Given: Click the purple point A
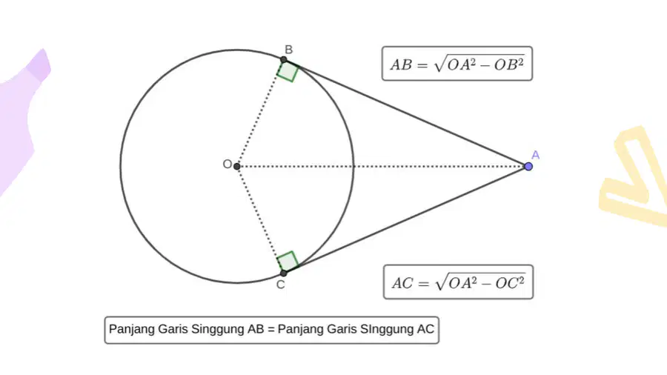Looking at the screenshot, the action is tap(528, 166).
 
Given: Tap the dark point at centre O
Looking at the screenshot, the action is tap(237, 166).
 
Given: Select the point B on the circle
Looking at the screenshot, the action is tap(284, 60).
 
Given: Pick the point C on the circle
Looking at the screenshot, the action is tap(284, 273).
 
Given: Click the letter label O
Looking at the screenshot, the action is tap(228, 164).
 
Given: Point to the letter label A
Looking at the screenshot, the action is tap(536, 155).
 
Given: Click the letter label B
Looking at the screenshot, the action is tap(288, 50).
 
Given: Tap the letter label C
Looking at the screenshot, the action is tap(280, 285).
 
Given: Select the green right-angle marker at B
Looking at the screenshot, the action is tap(288, 71).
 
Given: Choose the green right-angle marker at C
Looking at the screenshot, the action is tap(288, 262).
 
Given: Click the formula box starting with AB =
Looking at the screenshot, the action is tap(457, 63).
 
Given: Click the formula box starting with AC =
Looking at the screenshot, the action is tap(458, 282).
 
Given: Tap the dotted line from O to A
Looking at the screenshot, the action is tap(382, 166).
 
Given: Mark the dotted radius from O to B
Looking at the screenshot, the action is tap(260, 113).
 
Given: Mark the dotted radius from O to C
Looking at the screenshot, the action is tap(260, 219).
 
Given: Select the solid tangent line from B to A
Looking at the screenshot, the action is tap(406, 113).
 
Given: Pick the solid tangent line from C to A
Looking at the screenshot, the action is tap(406, 219).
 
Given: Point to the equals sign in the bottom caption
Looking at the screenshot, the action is tap(271, 330).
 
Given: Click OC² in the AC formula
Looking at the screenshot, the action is tap(510, 283).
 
